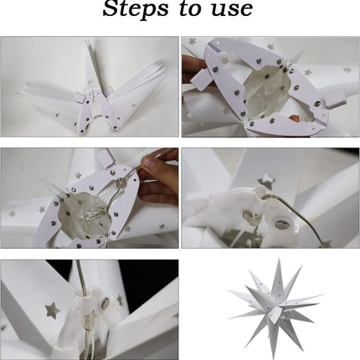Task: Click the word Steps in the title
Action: [136, 9]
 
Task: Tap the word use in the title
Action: [232, 9]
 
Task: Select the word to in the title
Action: [191, 9]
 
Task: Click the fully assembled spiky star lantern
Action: [276, 307]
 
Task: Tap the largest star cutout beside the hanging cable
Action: [52, 311]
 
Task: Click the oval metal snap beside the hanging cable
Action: [105, 303]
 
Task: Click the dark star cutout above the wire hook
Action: [265, 182]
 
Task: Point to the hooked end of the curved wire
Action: [265, 197]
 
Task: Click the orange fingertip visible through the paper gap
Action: [295, 118]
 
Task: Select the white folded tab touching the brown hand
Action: [200, 78]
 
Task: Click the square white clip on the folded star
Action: [79, 98]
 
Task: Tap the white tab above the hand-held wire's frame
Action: [105, 157]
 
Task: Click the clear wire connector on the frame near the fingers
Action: [121, 183]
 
